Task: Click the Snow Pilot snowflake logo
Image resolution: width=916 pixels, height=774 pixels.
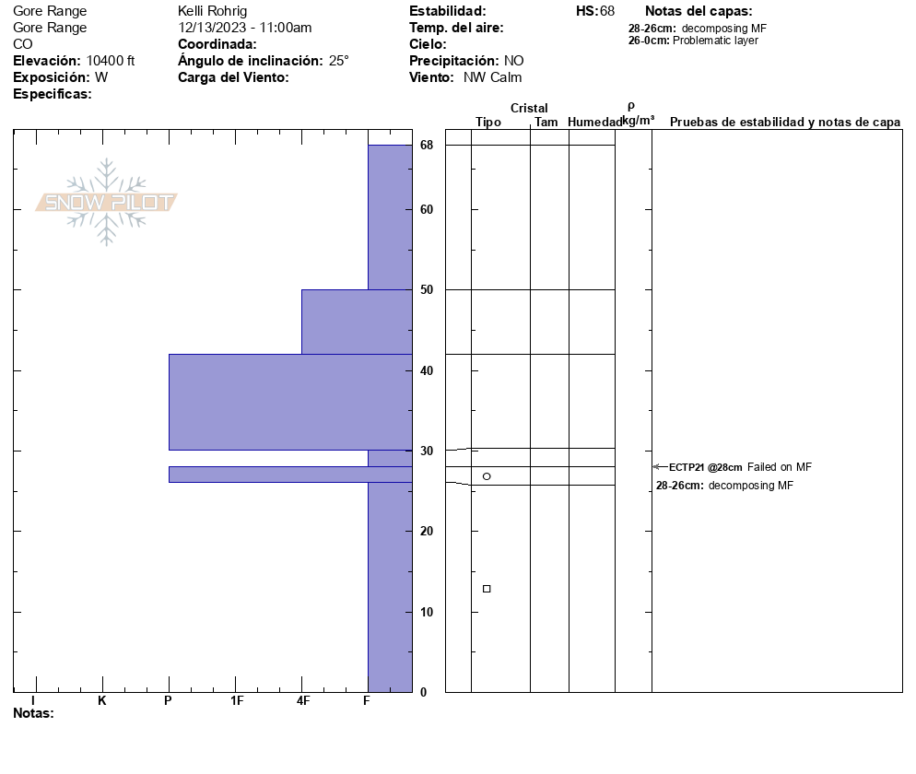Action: coord(107,202)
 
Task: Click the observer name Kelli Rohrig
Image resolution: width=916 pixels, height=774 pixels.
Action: coord(213,11)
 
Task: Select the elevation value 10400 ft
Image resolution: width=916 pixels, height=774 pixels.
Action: coord(111,61)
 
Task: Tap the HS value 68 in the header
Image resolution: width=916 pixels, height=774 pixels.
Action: coord(607,11)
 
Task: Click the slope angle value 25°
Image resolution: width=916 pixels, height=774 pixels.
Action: coord(339,61)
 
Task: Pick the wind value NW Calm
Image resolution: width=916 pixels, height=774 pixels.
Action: coord(493,77)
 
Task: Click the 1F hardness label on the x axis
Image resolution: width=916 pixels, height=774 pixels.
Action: coord(236,701)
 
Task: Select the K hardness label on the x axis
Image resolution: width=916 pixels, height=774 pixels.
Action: coord(102,701)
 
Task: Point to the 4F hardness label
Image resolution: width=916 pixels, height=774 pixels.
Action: coord(303,701)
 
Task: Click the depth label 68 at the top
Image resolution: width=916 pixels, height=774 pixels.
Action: coord(427,146)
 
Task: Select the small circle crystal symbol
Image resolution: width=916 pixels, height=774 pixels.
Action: coord(487,476)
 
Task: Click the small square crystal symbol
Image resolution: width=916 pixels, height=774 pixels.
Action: coord(487,589)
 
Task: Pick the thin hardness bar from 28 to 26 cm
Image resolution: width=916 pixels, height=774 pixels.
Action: coord(289,475)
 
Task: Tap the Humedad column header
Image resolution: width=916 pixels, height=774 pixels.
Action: coord(594,123)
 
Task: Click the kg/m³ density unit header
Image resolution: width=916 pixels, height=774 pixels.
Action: coord(638,121)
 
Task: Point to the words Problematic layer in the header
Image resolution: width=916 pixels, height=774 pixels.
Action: coord(716,41)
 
